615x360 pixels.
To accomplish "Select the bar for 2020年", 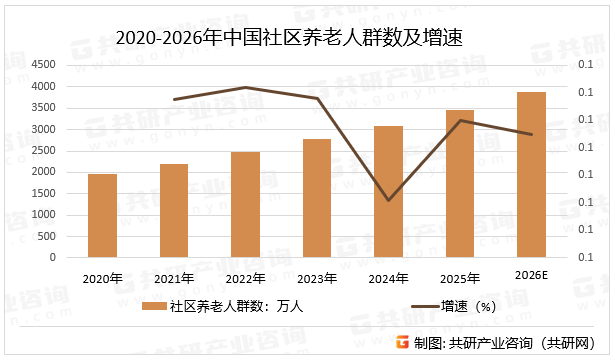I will [102, 215].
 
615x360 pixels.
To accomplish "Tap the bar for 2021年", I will [174, 210].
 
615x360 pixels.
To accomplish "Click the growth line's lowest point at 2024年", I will [388, 200].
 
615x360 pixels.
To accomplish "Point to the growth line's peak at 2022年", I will [245, 88].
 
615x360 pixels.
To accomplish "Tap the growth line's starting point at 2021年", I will [174, 100].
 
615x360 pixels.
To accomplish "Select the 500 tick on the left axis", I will [49, 236].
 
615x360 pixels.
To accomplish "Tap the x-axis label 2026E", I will [531, 275].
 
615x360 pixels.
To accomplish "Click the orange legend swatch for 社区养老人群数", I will [154, 307].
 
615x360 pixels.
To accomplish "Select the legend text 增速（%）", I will [469, 307].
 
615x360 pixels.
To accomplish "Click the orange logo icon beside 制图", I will [402, 343].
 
